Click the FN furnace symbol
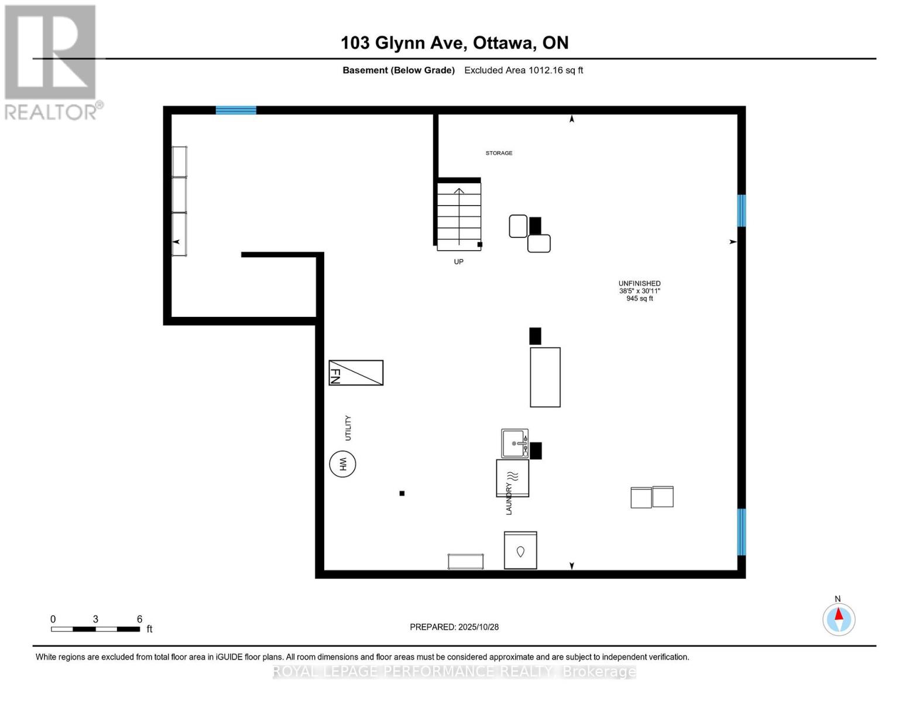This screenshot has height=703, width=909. (x=356, y=373)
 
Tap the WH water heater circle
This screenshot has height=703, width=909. (x=342, y=464)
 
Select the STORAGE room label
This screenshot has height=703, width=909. (x=499, y=153)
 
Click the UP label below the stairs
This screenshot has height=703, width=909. (x=458, y=262)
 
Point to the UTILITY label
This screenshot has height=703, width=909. (x=348, y=428)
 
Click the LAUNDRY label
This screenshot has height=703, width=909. (x=509, y=499)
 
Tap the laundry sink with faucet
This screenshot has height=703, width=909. (x=514, y=443)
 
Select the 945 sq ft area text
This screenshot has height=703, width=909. (x=639, y=299)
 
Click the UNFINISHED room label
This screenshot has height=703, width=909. (x=639, y=284)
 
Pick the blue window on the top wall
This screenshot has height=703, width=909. (x=236, y=110)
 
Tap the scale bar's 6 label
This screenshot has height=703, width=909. (x=139, y=619)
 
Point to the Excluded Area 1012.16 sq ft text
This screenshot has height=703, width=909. (x=523, y=70)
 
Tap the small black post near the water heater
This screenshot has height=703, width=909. (x=402, y=493)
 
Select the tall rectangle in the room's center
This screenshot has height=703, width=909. (x=545, y=377)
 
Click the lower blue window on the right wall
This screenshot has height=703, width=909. (x=741, y=531)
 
